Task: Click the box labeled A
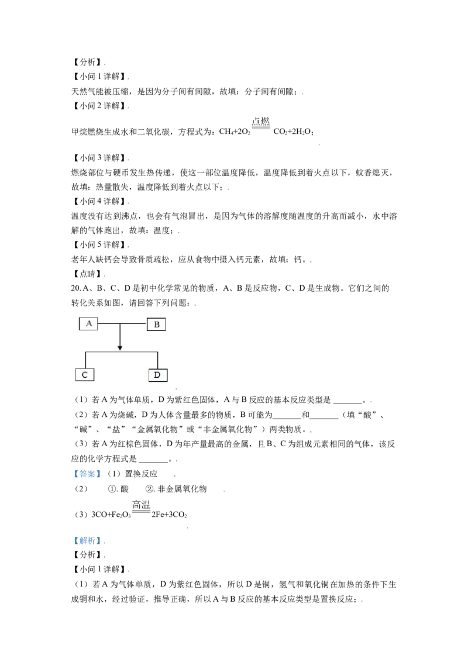tap(88, 323)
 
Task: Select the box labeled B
tap(156, 324)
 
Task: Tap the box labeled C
tap(85, 375)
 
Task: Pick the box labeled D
tap(158, 375)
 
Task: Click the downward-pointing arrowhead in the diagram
tap(120, 348)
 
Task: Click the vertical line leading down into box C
tap(85, 360)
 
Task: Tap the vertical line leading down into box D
tap(158, 360)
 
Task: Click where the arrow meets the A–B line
tap(120, 323)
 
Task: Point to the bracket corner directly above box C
tap(85, 352)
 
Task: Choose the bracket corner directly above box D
tap(158, 352)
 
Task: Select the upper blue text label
tap(87, 475)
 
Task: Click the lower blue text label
tap(85, 541)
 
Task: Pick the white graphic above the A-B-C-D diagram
tap(261, 131)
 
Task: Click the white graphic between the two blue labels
tap(140, 512)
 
